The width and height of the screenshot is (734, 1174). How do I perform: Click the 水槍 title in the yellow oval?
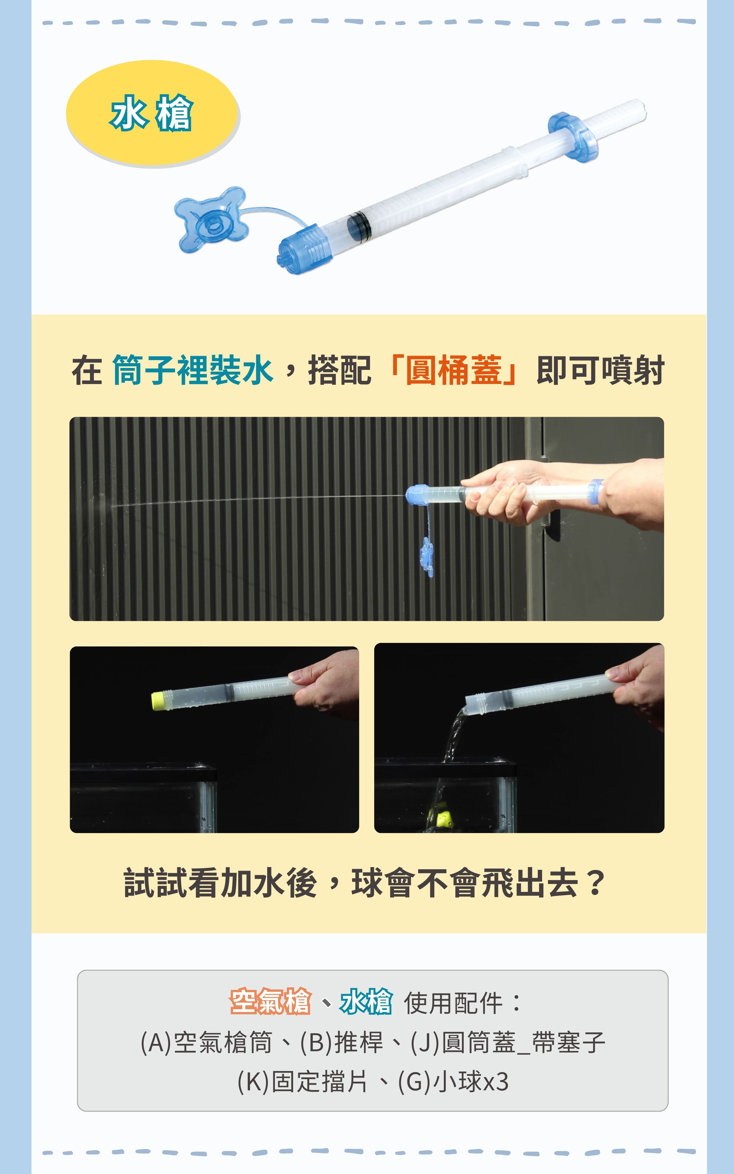click(x=151, y=113)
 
